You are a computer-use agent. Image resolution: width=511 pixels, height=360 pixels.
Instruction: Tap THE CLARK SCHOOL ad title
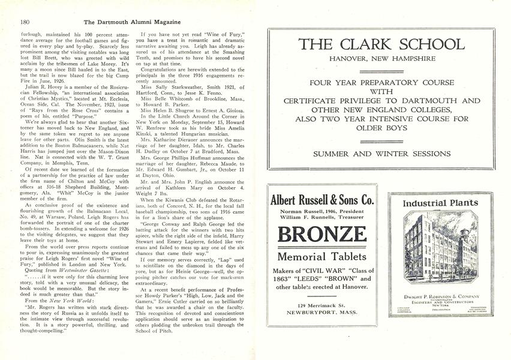tap(381, 44)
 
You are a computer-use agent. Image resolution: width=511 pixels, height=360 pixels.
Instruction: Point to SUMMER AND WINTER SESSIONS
tap(381, 154)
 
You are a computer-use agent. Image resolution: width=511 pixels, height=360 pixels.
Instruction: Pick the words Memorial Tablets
tap(322, 256)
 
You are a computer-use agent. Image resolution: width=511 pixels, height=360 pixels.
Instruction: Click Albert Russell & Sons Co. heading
tap(322, 200)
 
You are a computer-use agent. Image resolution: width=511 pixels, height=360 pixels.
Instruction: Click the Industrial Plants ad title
tap(440, 203)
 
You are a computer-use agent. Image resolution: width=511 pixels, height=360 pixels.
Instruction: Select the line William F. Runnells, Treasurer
tap(322, 218)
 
